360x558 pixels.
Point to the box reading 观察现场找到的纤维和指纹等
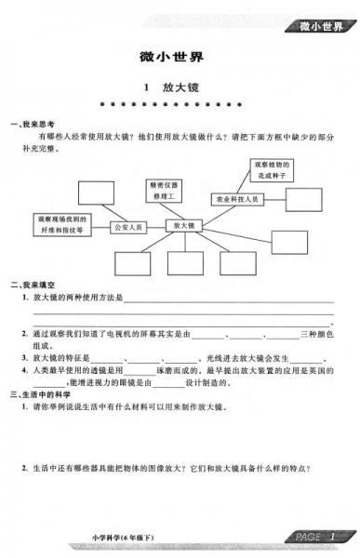click(x=62, y=224)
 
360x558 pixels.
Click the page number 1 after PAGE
click(x=331, y=538)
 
